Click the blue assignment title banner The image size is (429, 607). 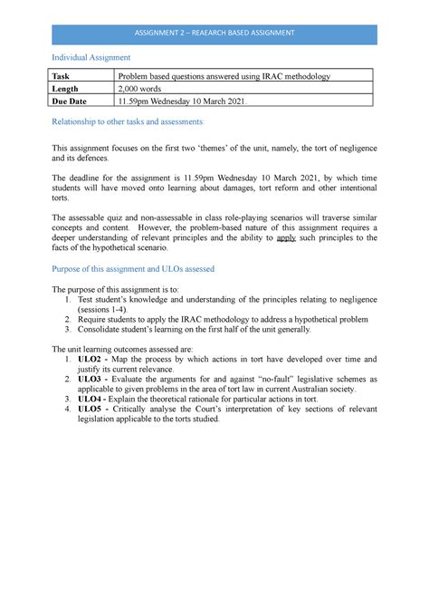(x=214, y=34)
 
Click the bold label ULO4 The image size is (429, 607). (x=93, y=398)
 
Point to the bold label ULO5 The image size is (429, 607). (x=93, y=409)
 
